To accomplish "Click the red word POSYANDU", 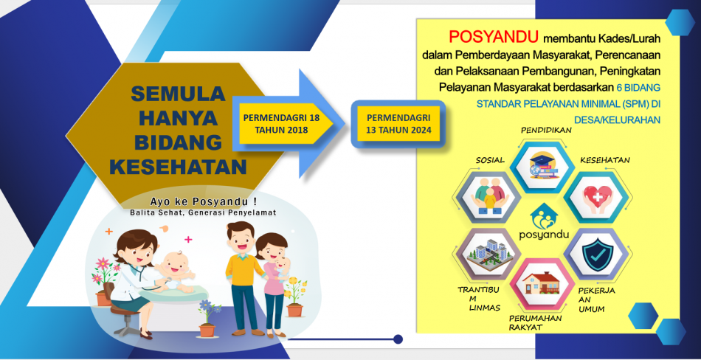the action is [493, 38].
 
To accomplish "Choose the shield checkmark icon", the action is [595, 255].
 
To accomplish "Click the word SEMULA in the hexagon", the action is [179, 94].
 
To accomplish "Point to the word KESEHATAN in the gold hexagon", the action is [178, 167].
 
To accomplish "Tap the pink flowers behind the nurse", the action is [103, 269].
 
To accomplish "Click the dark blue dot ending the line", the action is [398, 339].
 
